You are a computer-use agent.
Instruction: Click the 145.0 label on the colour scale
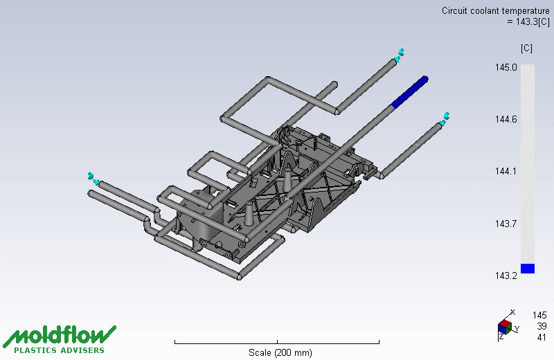tap(506, 67)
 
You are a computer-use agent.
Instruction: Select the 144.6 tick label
tap(506, 119)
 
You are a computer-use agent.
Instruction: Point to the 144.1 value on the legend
tap(506, 171)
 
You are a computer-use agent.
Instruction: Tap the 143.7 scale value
tap(506, 224)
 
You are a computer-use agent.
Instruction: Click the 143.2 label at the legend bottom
tap(506, 276)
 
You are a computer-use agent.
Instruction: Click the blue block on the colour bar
tap(528, 269)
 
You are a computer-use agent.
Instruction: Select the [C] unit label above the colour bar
tap(526, 48)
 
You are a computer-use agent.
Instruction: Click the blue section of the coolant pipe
tap(410, 92)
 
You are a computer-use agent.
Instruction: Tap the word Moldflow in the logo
tap(60, 335)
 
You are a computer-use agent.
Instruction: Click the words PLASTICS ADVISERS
tap(60, 350)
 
